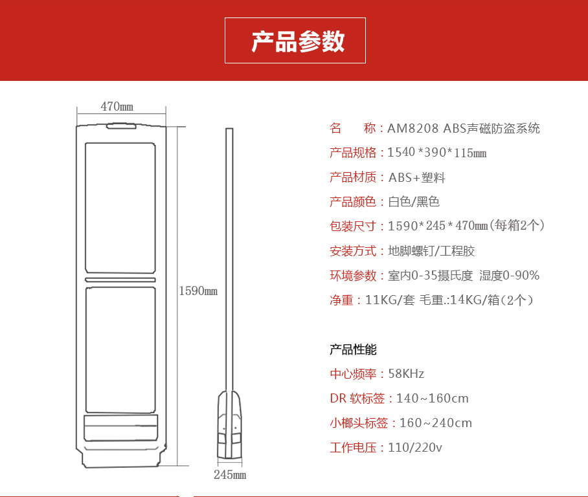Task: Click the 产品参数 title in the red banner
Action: click(298, 41)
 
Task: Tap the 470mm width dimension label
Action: click(117, 106)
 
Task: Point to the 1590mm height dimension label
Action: click(198, 291)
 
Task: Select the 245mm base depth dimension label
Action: click(230, 474)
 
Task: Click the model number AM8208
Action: click(413, 128)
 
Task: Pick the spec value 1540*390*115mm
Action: click(437, 153)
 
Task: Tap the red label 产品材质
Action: click(353, 177)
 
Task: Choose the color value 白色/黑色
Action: click(414, 202)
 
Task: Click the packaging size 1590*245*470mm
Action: click(438, 226)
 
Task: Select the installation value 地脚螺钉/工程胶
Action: click(431, 250)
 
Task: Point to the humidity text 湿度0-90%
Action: click(509, 276)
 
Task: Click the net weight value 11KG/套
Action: click(390, 300)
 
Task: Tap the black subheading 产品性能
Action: click(353, 349)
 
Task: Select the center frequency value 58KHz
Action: click(406, 373)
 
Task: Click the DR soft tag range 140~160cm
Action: click(433, 398)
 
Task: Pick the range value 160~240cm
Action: click(436, 423)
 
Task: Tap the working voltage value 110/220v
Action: click(415, 448)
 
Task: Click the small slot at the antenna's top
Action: click(121, 126)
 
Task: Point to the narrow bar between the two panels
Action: click(120, 280)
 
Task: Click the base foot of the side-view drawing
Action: click(229, 425)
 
